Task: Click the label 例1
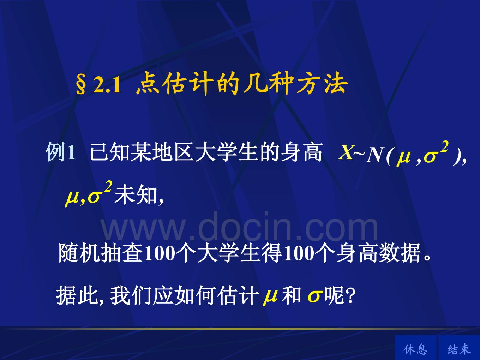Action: (x=61, y=152)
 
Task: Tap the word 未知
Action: (x=136, y=194)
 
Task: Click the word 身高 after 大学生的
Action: (x=301, y=152)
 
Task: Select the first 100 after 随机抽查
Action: (x=160, y=254)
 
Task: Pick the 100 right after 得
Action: (x=299, y=254)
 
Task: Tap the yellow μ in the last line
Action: (x=270, y=298)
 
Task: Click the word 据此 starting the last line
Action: (x=77, y=296)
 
